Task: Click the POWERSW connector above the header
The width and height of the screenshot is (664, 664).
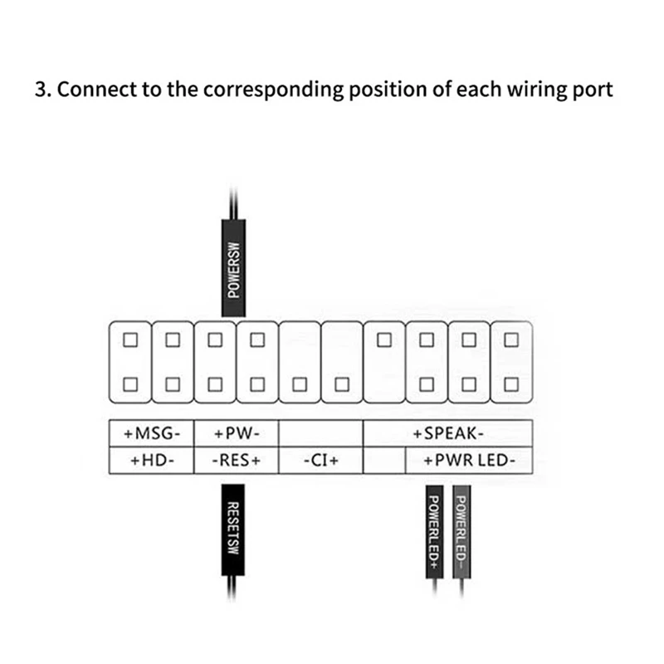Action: [x=234, y=267]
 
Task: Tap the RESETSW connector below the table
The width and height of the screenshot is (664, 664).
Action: [x=234, y=528]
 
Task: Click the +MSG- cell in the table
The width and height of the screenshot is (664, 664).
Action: [x=151, y=433]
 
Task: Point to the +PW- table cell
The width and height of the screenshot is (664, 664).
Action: [x=237, y=433]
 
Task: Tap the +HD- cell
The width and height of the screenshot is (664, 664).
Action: [x=151, y=460]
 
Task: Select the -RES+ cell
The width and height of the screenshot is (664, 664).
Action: [x=237, y=460]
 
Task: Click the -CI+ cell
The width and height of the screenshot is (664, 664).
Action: [x=321, y=460]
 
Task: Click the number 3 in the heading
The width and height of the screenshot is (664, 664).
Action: [x=40, y=90]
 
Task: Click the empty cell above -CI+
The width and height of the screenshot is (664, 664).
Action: [x=321, y=433]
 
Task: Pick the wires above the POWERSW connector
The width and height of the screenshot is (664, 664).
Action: [x=234, y=203]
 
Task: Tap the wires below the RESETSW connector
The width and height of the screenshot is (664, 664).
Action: [x=234, y=591]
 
